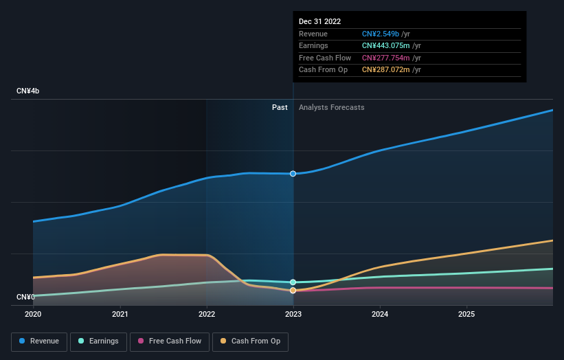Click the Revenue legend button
39,341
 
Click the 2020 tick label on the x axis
33,315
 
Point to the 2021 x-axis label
120,315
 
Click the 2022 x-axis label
207,315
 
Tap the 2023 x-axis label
293,315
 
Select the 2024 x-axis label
380,315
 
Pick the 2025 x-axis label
466,315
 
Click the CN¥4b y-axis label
28,91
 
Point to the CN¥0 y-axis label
25,297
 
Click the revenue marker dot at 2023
293,174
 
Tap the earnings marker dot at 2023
293,282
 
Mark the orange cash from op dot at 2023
293,291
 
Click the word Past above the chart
280,108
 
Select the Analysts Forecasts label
331,108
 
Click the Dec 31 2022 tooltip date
319,22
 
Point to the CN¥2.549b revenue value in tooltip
385,34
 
